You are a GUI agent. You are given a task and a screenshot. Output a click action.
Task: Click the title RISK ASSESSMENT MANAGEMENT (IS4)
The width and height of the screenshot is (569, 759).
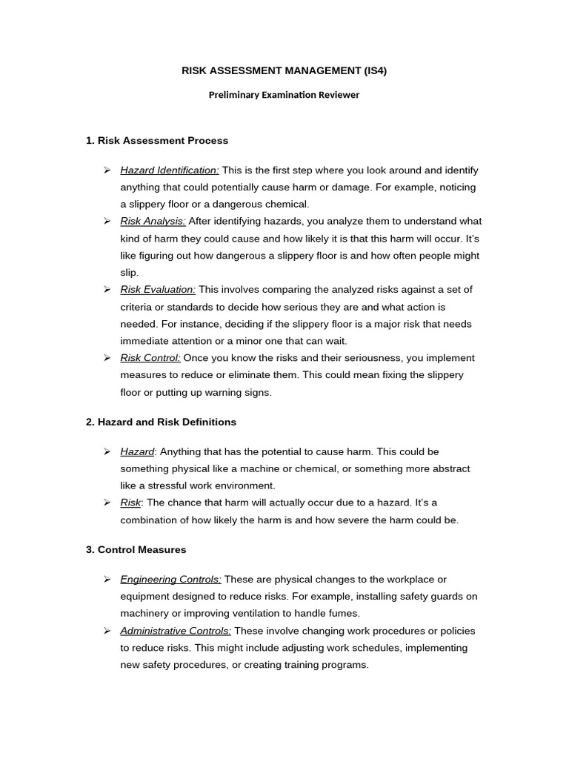click(284, 71)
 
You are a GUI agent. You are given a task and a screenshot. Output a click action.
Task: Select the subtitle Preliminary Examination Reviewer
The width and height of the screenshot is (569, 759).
click(284, 95)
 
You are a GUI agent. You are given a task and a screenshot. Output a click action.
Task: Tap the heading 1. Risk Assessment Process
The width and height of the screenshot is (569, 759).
click(157, 140)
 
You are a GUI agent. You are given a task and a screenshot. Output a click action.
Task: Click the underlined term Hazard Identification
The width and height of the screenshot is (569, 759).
click(170, 170)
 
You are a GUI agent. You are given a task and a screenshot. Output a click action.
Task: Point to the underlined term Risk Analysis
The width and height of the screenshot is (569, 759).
click(153, 221)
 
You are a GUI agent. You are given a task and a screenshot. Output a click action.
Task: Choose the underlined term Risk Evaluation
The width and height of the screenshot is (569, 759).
click(158, 289)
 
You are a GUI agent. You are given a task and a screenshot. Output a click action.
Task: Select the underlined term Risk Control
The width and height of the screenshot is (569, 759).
click(150, 358)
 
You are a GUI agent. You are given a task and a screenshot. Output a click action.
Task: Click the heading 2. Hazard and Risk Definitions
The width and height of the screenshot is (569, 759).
click(161, 422)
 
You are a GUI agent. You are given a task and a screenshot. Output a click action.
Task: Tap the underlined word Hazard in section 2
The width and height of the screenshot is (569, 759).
click(137, 451)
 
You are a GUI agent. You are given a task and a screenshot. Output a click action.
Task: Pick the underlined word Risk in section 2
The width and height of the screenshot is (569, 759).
click(130, 503)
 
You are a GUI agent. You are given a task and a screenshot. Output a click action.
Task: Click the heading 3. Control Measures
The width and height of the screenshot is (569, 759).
click(136, 550)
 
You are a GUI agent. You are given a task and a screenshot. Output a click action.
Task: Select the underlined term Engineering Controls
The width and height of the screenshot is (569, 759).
click(170, 580)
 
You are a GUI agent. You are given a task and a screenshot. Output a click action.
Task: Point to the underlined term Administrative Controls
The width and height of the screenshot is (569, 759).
click(176, 631)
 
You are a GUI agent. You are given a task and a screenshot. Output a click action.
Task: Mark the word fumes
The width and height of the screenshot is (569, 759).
click(345, 614)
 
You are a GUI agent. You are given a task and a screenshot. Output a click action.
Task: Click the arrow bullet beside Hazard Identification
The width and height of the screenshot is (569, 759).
click(107, 170)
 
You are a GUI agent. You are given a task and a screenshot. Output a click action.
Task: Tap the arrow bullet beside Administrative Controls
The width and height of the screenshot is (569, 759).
click(107, 631)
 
